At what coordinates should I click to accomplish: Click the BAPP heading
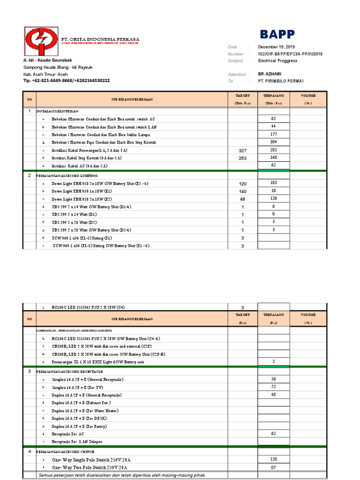[277, 34]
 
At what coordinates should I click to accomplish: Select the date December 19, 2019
[277, 47]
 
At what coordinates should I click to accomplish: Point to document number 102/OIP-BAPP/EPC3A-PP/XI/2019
[290, 54]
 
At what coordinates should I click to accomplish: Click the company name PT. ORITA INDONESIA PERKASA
[100, 38]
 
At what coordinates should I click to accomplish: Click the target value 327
[243, 150]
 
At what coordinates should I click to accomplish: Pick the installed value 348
[274, 158]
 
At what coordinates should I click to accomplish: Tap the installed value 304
[274, 142]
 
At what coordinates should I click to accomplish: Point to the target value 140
[243, 192]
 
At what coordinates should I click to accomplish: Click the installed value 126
[274, 199]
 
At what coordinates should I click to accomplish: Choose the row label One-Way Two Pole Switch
[90, 468]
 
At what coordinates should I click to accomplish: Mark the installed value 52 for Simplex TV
[274, 387]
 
